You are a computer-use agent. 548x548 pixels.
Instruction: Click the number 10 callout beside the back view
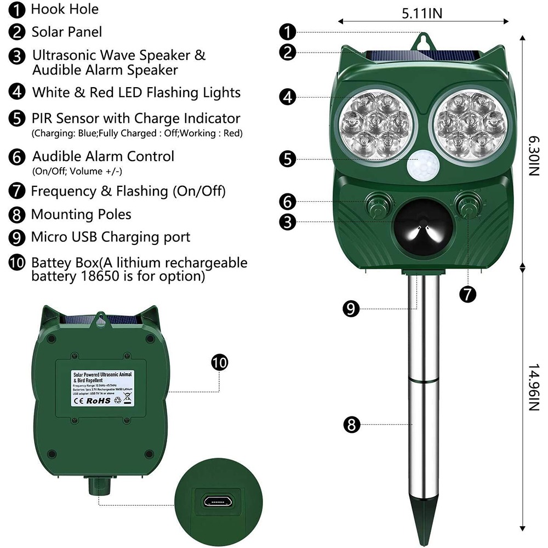coord(219,362)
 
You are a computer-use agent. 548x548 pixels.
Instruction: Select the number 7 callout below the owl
coord(467,294)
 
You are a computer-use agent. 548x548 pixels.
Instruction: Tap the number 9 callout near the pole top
coord(351,308)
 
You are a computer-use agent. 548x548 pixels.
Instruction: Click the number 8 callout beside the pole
coord(351,424)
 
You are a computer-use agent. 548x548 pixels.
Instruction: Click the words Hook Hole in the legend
coord(65,9)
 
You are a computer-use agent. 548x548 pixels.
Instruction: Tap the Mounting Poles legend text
coord(81,214)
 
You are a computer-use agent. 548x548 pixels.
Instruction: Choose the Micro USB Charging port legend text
coord(111,237)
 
